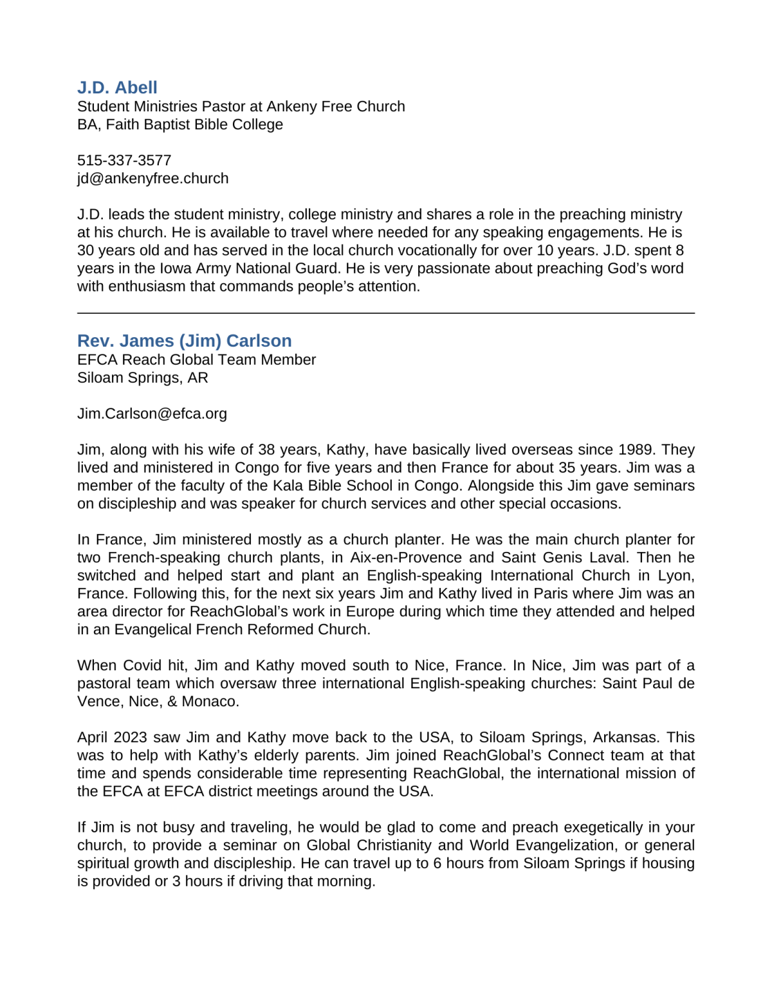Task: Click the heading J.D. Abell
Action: [117, 87]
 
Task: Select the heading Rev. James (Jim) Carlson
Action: [184, 341]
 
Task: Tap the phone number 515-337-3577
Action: [124, 160]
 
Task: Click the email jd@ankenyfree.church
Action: [152, 178]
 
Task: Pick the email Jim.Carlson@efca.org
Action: [152, 414]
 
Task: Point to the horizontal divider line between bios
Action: [386, 313]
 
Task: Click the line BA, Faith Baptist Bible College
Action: [179, 124]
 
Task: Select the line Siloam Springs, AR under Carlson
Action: [142, 378]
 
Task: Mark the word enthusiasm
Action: [146, 286]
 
